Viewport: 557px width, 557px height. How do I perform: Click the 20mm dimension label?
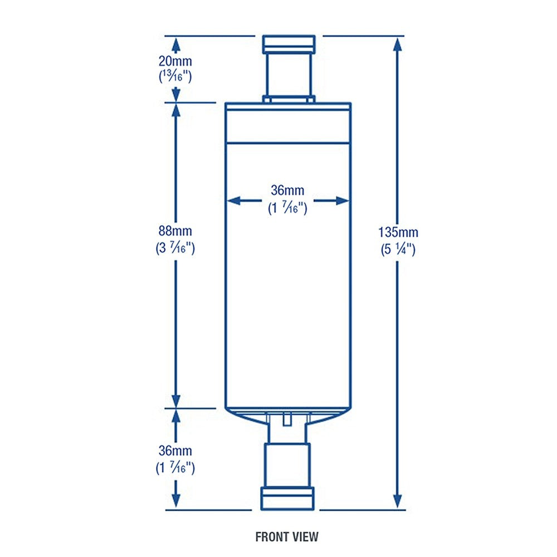click(175, 60)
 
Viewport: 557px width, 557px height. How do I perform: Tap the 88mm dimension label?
click(175, 230)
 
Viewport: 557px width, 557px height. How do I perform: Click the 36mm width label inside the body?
click(287, 190)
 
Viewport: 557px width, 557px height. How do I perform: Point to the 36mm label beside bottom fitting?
click(175, 449)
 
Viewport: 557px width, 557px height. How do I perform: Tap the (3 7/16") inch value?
click(175, 248)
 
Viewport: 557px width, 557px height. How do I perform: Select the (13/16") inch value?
click(175, 76)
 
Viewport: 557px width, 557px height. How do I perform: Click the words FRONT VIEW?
click(287, 537)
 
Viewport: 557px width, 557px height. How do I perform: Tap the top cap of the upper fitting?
click(289, 43)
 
